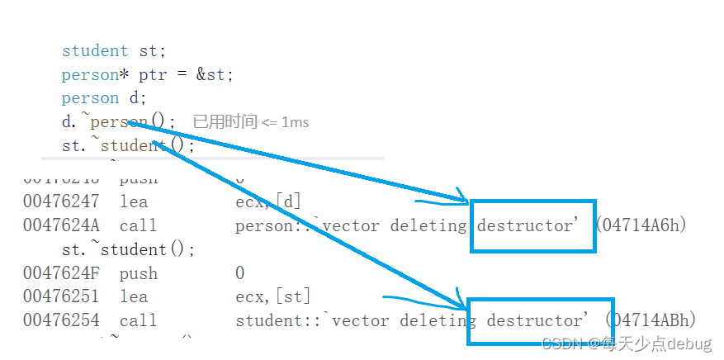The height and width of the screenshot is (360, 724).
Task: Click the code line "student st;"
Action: [113, 51]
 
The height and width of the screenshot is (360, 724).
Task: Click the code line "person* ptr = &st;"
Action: [147, 75]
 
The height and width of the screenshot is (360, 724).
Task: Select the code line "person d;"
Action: [103, 98]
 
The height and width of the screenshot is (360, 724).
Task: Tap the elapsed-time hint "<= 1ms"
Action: [285, 122]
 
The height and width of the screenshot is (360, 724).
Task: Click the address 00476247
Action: [61, 201]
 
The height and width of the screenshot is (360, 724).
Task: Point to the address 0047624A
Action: [61, 225]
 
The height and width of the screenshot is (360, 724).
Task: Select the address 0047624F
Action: [61, 273]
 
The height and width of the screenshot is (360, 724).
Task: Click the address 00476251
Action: [61, 296]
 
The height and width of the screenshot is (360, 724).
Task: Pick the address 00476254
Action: [61, 320]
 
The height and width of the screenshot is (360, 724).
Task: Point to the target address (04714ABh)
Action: [651, 320]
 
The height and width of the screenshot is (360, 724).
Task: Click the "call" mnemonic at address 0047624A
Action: [138, 225]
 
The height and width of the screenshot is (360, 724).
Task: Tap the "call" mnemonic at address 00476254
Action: [138, 320]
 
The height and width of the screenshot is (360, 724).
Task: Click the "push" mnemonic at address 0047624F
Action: [138, 273]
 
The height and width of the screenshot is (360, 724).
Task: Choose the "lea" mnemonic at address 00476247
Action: [134, 201]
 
